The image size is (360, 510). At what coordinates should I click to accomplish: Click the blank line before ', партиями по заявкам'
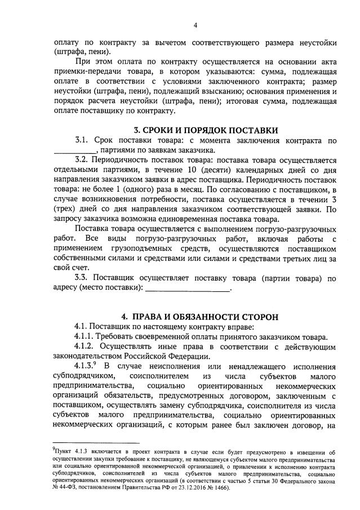click(x=75, y=151)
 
